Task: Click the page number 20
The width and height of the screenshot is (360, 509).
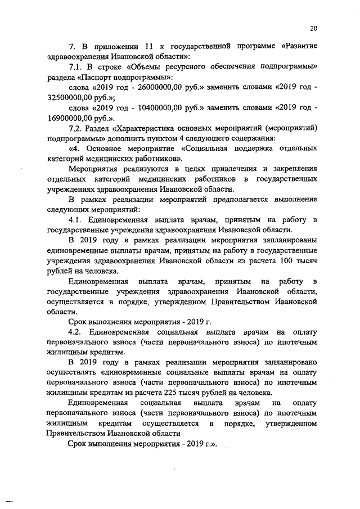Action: coord(313,29)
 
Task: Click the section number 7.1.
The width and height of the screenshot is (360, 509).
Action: coord(75,67)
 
